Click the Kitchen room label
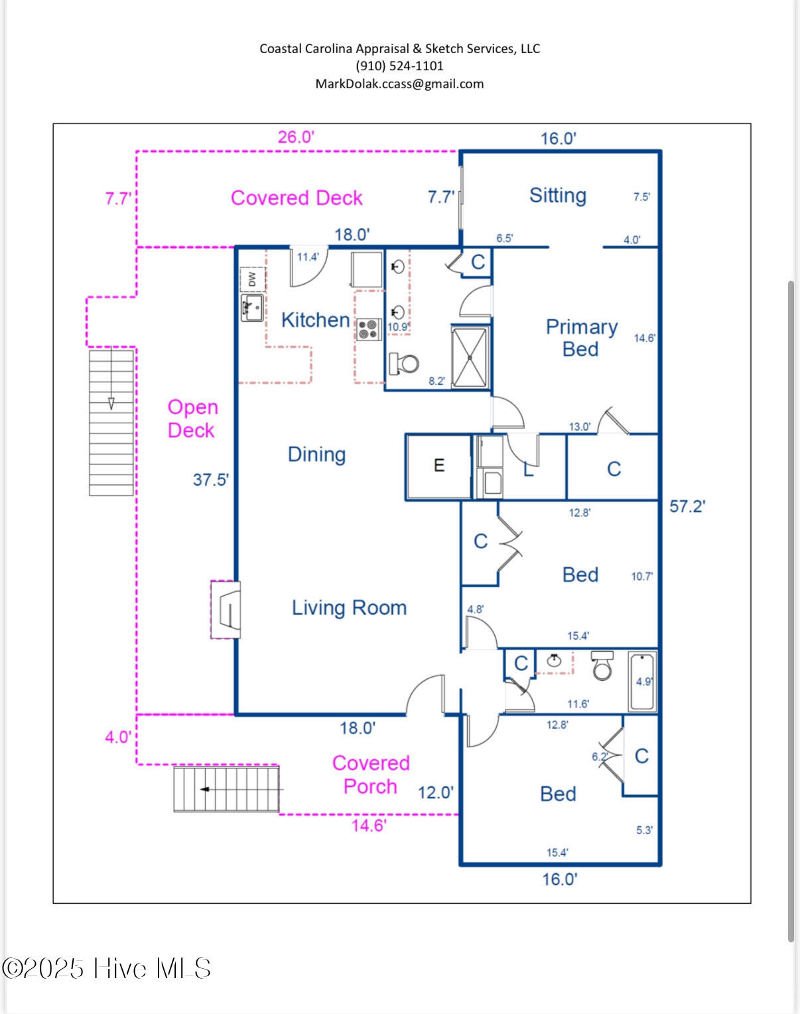tap(315, 320)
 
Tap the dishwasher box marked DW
tap(252, 279)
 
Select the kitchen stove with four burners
tap(369, 329)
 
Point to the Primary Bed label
tap(581, 338)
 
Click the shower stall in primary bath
tap(470, 357)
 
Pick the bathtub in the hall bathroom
tap(642, 682)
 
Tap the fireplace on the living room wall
tap(226, 610)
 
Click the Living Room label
tap(349, 608)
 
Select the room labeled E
tap(438, 466)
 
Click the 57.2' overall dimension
tap(687, 506)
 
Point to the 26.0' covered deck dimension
tap(296, 137)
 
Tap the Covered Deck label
tap(297, 198)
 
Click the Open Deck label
tap(192, 419)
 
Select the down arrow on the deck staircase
tap(111, 403)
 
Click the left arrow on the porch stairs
tap(205, 789)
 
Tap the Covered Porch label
tap(371, 774)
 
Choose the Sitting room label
tap(557, 195)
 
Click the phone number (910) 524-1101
tap(399, 66)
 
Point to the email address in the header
tap(399, 84)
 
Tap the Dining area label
tap(316, 455)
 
